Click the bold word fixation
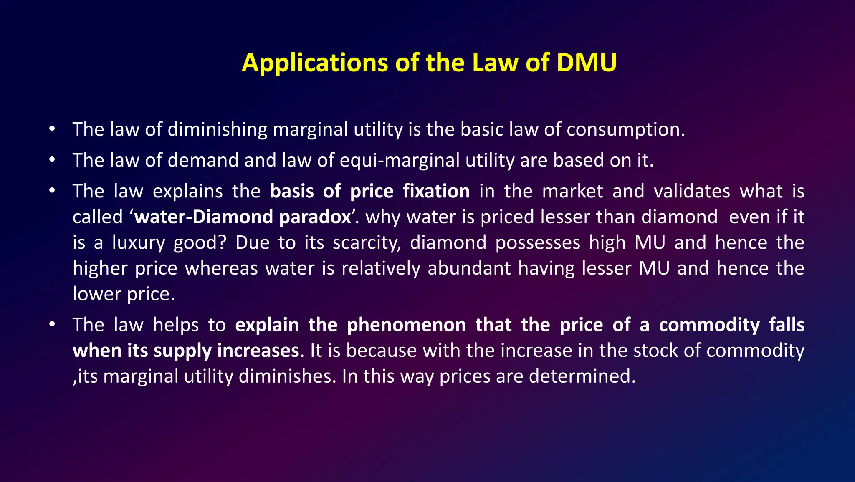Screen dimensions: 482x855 tap(436, 191)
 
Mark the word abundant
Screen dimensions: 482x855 tap(469, 268)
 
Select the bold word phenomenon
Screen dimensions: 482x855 tap(406, 325)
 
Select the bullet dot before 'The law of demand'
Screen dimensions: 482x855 tap(52, 160)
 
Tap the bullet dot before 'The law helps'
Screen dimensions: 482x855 tap(52, 325)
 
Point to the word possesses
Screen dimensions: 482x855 tap(537, 243)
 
